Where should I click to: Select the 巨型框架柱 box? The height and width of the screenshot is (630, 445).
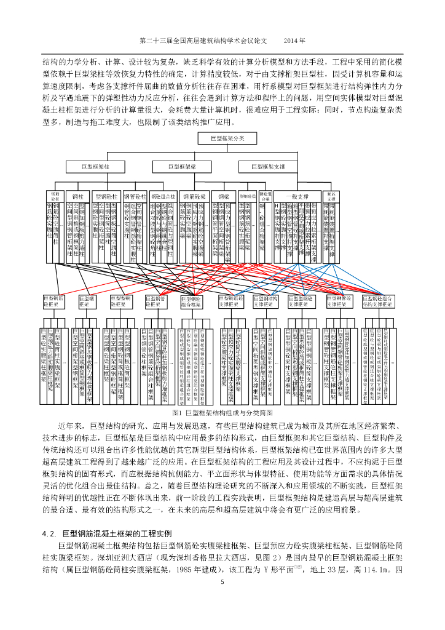coord(100,166)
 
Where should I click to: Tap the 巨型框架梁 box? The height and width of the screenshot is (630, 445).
coord(182,166)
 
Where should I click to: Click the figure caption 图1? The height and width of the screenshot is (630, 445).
coord(178,412)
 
